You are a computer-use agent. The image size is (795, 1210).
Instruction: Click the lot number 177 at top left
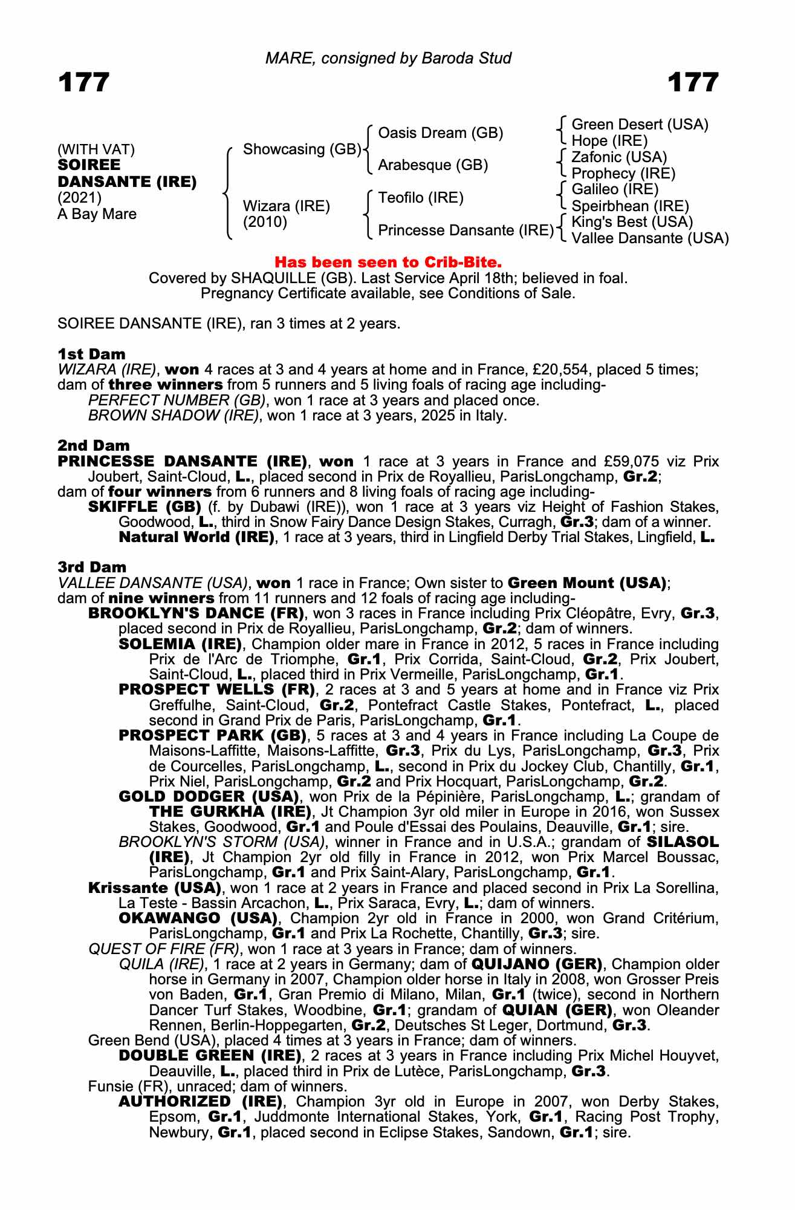(84, 82)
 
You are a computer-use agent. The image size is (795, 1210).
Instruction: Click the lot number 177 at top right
(693, 82)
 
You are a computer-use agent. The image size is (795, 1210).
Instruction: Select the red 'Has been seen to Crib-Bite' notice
(388, 263)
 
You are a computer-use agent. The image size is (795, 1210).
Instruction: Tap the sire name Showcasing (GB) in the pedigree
(302, 149)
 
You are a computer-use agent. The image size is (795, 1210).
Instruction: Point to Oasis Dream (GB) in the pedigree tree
(440, 133)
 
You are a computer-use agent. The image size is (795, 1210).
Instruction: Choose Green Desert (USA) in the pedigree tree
(640, 125)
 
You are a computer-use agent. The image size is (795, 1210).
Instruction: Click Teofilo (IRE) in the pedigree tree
(421, 198)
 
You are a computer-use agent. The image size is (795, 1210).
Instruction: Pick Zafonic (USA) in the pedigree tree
(619, 157)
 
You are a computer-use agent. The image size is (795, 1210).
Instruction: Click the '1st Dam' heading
(91, 354)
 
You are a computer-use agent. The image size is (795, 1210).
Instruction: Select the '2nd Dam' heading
(94, 446)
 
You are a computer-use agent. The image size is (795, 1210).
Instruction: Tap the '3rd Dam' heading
(92, 567)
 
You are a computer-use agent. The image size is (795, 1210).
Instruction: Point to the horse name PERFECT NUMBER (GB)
(177, 401)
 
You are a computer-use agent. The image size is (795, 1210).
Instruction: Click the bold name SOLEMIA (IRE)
(180, 644)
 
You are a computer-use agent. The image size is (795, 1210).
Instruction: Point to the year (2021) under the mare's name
(80, 198)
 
